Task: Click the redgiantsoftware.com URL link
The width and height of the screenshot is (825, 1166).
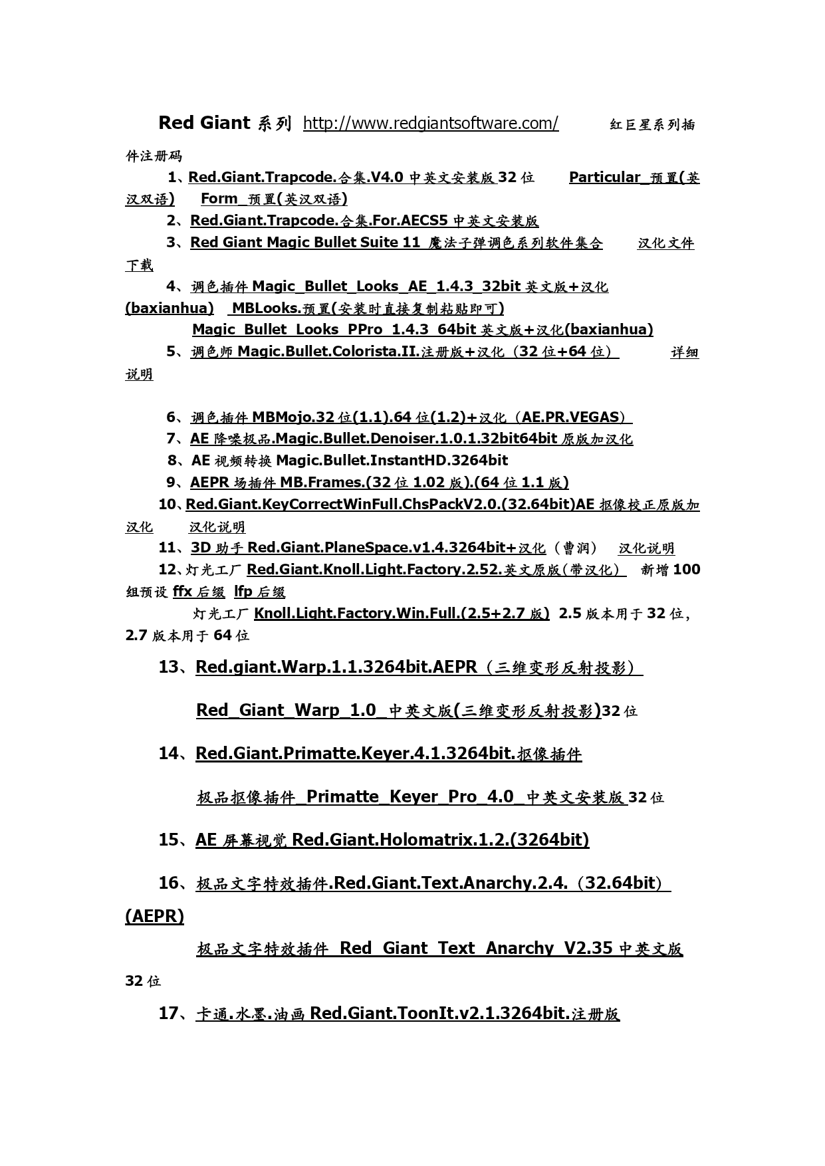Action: pos(430,124)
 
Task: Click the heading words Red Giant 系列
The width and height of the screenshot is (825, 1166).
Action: pos(224,123)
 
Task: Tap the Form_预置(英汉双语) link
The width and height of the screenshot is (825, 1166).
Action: pos(273,199)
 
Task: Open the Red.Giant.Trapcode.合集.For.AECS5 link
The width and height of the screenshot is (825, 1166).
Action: pos(364,221)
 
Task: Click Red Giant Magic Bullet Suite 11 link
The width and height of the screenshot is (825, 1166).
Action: pos(396,243)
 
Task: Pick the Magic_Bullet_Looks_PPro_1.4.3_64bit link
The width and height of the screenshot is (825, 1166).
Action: pos(422,330)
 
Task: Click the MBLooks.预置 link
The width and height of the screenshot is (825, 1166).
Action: pos(367,308)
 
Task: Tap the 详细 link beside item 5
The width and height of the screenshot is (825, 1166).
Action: pos(684,352)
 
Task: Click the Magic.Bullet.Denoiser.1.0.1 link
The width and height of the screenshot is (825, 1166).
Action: pos(411,439)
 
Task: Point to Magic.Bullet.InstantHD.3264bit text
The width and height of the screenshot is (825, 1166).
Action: pos(392,460)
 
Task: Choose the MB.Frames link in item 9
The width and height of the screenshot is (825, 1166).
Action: pos(379,483)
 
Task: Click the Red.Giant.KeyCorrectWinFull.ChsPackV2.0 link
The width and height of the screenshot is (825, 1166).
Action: pos(442,505)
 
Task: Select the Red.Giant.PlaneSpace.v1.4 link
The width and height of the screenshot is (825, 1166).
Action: pos(368,548)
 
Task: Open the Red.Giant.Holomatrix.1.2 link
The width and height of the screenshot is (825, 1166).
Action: pos(392,840)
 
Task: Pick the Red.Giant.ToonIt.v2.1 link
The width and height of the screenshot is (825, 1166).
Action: pos(408,1013)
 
